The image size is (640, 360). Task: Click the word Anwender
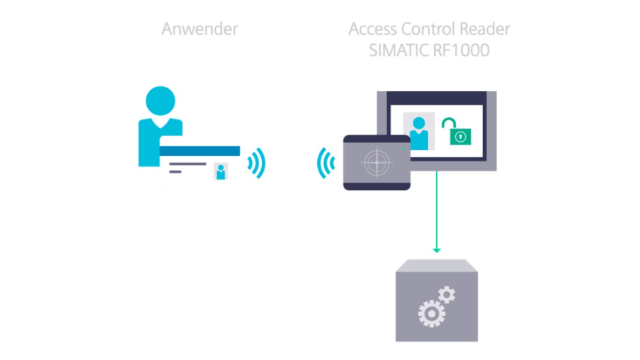click(x=199, y=29)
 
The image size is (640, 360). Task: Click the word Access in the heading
click(x=372, y=29)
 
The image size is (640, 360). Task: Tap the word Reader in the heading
click(x=485, y=29)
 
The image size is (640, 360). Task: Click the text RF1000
click(x=461, y=50)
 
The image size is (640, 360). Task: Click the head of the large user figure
click(x=161, y=101)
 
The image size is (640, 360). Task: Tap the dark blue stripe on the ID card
click(x=199, y=151)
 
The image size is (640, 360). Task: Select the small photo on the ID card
click(x=221, y=171)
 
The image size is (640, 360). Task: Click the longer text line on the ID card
click(x=188, y=164)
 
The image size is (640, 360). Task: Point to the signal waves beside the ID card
click(x=257, y=163)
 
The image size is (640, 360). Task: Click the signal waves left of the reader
click(x=326, y=163)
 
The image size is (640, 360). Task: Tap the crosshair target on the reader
click(x=377, y=163)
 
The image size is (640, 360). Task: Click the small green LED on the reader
click(x=404, y=148)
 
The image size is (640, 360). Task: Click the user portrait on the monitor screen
click(x=419, y=131)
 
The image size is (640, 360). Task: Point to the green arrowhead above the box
click(x=437, y=251)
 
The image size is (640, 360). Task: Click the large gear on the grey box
click(x=431, y=314)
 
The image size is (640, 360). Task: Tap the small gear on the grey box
click(x=446, y=294)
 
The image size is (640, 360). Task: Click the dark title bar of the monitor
click(x=437, y=98)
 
